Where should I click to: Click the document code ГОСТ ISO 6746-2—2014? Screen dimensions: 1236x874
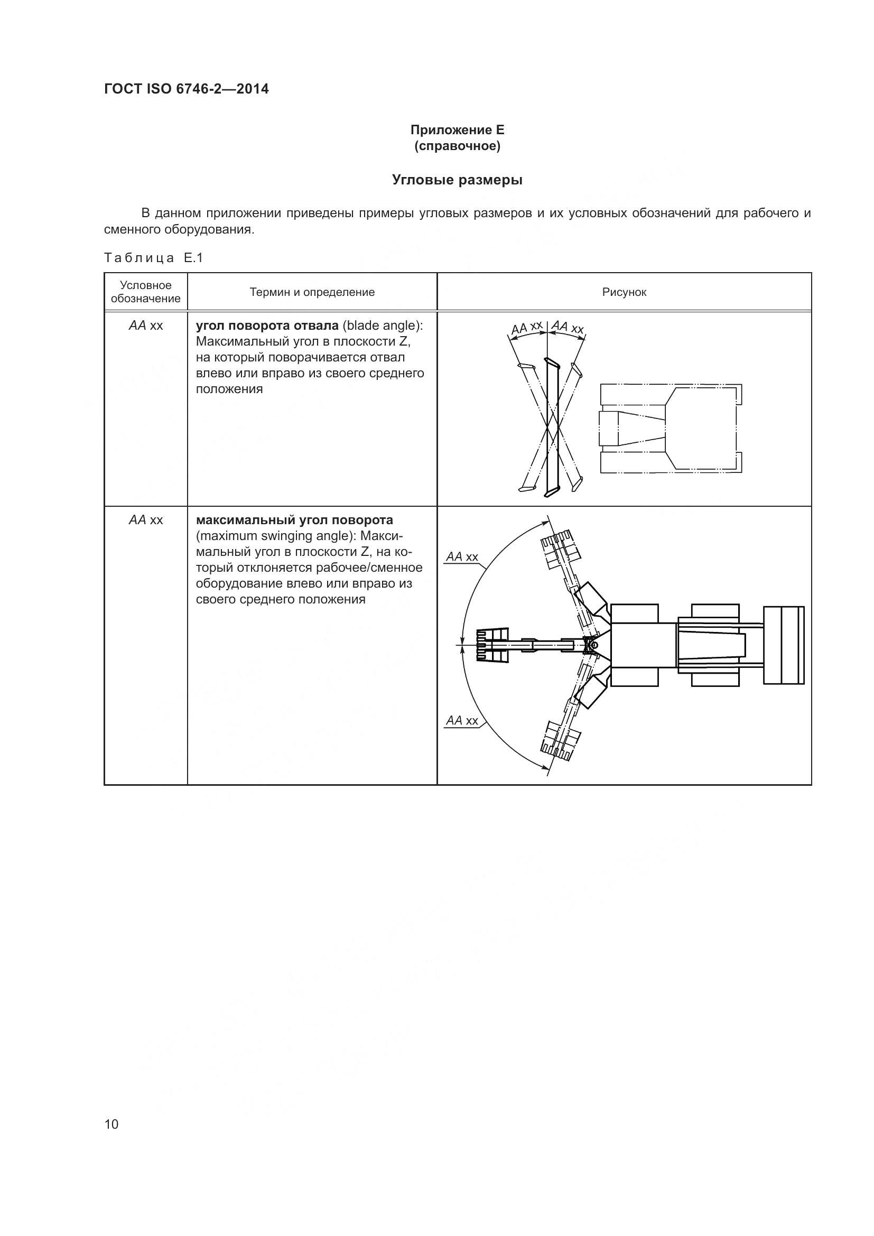coord(186,89)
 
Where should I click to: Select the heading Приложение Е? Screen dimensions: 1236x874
coord(457,130)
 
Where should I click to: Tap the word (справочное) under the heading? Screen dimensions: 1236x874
coord(457,146)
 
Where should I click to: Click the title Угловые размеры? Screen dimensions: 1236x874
coord(457,180)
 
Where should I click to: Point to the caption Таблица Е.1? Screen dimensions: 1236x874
coord(153,258)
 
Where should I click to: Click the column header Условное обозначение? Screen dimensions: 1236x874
coord(145,292)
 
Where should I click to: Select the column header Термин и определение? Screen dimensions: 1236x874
coord(312,292)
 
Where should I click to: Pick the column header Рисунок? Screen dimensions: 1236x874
coord(624,292)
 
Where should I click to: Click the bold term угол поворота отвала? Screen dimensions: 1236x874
coord(267,326)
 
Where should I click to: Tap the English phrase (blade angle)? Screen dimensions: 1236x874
coord(382,326)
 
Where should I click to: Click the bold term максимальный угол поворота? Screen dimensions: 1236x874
coord(294,520)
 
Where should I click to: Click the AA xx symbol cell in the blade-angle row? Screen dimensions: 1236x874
coord(145,326)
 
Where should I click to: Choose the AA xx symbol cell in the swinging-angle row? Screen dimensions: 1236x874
coord(145,520)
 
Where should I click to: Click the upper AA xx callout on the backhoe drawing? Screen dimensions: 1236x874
coord(462,556)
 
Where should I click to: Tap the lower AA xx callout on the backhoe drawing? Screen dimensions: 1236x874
coord(462,721)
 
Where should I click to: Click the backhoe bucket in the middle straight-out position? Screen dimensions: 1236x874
coord(491,645)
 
